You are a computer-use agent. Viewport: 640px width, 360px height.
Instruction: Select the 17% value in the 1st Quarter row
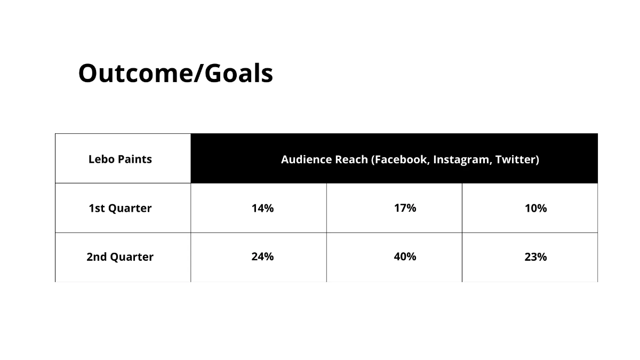[x=405, y=208]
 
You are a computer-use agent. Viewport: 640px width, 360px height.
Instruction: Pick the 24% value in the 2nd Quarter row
[x=262, y=257]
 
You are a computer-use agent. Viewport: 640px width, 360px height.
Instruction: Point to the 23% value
[x=535, y=257]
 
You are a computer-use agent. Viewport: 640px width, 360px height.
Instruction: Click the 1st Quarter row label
[x=120, y=209]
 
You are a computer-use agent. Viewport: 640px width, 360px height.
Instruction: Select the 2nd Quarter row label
[x=120, y=257]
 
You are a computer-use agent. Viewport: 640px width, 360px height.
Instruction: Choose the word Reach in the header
[x=351, y=159]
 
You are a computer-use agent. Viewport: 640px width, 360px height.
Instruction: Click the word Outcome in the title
[x=135, y=74]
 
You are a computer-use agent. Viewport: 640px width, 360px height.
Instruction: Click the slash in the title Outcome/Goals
[x=199, y=74]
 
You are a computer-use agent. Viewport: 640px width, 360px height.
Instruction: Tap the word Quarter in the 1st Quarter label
[x=130, y=209]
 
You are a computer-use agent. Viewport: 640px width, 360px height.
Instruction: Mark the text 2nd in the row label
[x=97, y=257]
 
